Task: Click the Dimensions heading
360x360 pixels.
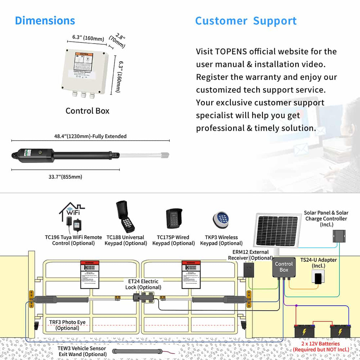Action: (45, 21)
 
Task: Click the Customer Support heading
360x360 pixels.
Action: (246, 21)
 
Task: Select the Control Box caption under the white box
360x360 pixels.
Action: (87, 111)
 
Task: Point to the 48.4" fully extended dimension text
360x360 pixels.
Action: (90, 136)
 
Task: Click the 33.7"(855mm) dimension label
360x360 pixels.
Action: (66, 177)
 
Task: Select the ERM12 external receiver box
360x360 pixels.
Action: (248, 270)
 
